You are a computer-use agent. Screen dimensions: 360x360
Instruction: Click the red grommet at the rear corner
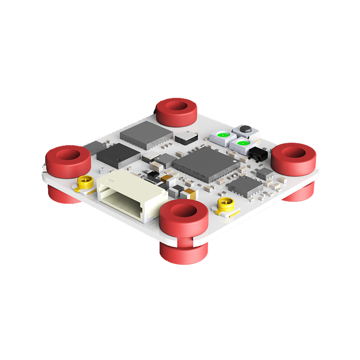point(176,112)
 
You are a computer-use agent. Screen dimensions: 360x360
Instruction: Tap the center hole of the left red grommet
point(68,155)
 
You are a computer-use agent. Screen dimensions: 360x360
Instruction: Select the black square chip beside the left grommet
point(118,156)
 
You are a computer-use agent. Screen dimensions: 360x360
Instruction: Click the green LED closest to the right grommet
point(242,144)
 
